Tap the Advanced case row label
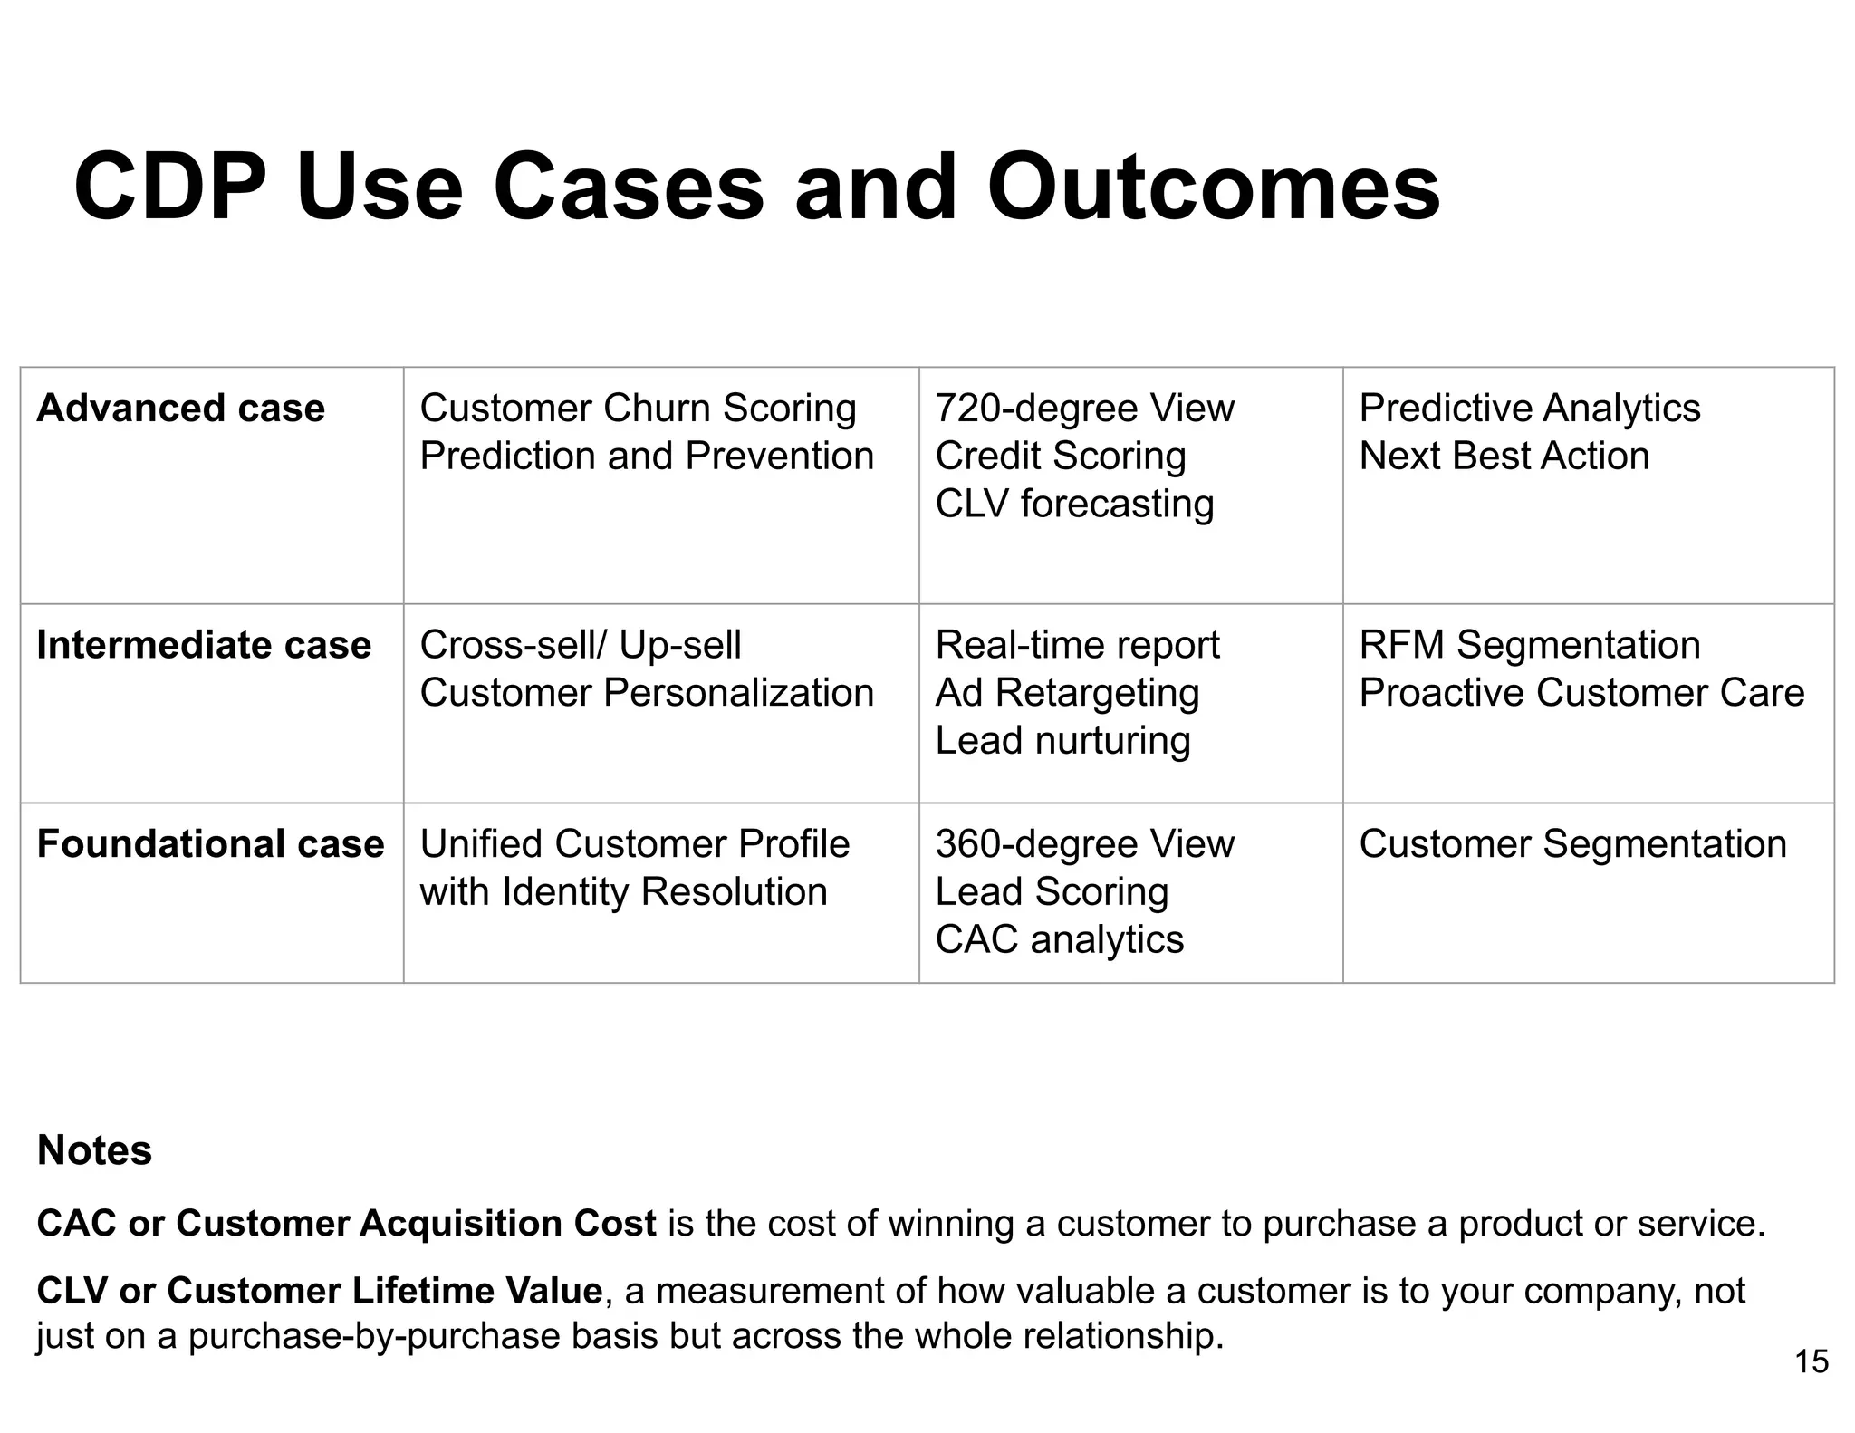tap(180, 409)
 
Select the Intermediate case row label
tap(204, 645)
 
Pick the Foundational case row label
tap(210, 844)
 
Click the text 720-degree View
tap(1084, 409)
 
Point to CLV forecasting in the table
tap(1073, 504)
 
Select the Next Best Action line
tap(1504, 456)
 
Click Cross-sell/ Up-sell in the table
tap(580, 645)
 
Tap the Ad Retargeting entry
tap(1066, 693)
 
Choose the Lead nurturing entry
tap(1062, 741)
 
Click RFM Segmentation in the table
tap(1529, 645)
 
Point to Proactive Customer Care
tap(1581, 693)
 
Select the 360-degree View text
tap(1084, 844)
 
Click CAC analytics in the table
tap(1059, 939)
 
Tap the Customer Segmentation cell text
tap(1572, 844)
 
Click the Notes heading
tap(94, 1150)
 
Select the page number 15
tap(1811, 1361)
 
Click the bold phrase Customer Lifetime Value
tap(384, 1290)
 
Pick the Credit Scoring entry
tap(1060, 456)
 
